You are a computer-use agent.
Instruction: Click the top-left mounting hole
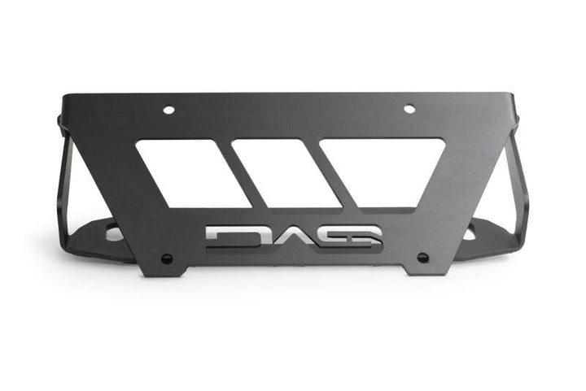[x=168, y=109]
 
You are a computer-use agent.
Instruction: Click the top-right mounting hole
[x=409, y=109]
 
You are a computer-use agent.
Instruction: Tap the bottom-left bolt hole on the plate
[x=167, y=258]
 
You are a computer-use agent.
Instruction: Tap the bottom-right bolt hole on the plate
[x=422, y=258]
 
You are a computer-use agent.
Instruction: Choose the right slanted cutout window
[x=381, y=172]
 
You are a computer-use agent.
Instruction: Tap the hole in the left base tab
[x=112, y=234]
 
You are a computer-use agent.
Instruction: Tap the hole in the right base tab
[x=470, y=233]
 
